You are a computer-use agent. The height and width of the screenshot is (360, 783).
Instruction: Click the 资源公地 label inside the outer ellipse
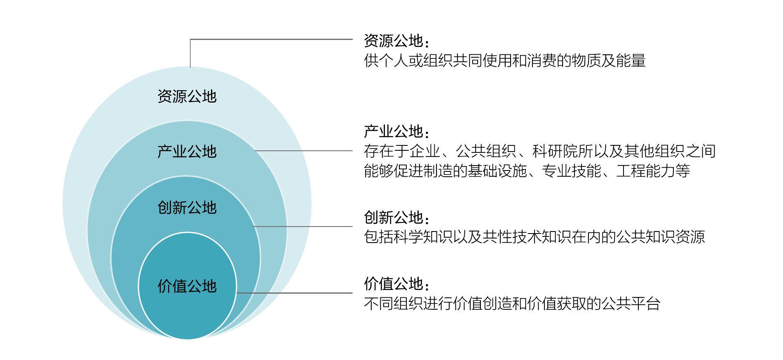[187, 96]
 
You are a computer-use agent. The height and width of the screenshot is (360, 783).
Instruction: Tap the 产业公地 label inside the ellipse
[187, 152]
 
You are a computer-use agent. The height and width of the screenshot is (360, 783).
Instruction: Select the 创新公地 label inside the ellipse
[187, 207]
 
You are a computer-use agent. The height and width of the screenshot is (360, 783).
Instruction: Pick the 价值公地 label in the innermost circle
[187, 286]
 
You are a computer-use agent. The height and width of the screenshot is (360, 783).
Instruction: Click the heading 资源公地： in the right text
[397, 41]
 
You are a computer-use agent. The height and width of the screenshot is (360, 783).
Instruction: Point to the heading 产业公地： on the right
[397, 132]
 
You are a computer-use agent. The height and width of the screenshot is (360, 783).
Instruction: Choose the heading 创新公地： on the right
[397, 217]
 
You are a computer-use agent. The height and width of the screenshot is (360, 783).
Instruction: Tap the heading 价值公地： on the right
[397, 284]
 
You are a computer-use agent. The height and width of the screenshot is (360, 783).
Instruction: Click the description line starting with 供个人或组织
[505, 61]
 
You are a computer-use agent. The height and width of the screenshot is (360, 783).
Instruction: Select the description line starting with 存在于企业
[540, 151]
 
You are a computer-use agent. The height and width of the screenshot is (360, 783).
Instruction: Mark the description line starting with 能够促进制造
[527, 171]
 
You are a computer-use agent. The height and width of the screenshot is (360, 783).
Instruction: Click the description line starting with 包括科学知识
[535, 237]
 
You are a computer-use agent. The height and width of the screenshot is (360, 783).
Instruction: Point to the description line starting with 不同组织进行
[512, 304]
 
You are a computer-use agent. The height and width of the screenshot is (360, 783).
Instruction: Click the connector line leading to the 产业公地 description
[304, 151]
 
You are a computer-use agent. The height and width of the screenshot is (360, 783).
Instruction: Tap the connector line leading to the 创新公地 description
[303, 227]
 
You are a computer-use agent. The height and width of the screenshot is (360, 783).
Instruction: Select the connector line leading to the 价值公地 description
[295, 293]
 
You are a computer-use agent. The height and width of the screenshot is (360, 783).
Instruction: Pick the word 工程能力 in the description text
[646, 171]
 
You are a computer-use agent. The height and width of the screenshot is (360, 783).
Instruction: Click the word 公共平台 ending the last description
[631, 304]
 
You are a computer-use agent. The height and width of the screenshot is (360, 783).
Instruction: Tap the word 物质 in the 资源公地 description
[586, 61]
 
